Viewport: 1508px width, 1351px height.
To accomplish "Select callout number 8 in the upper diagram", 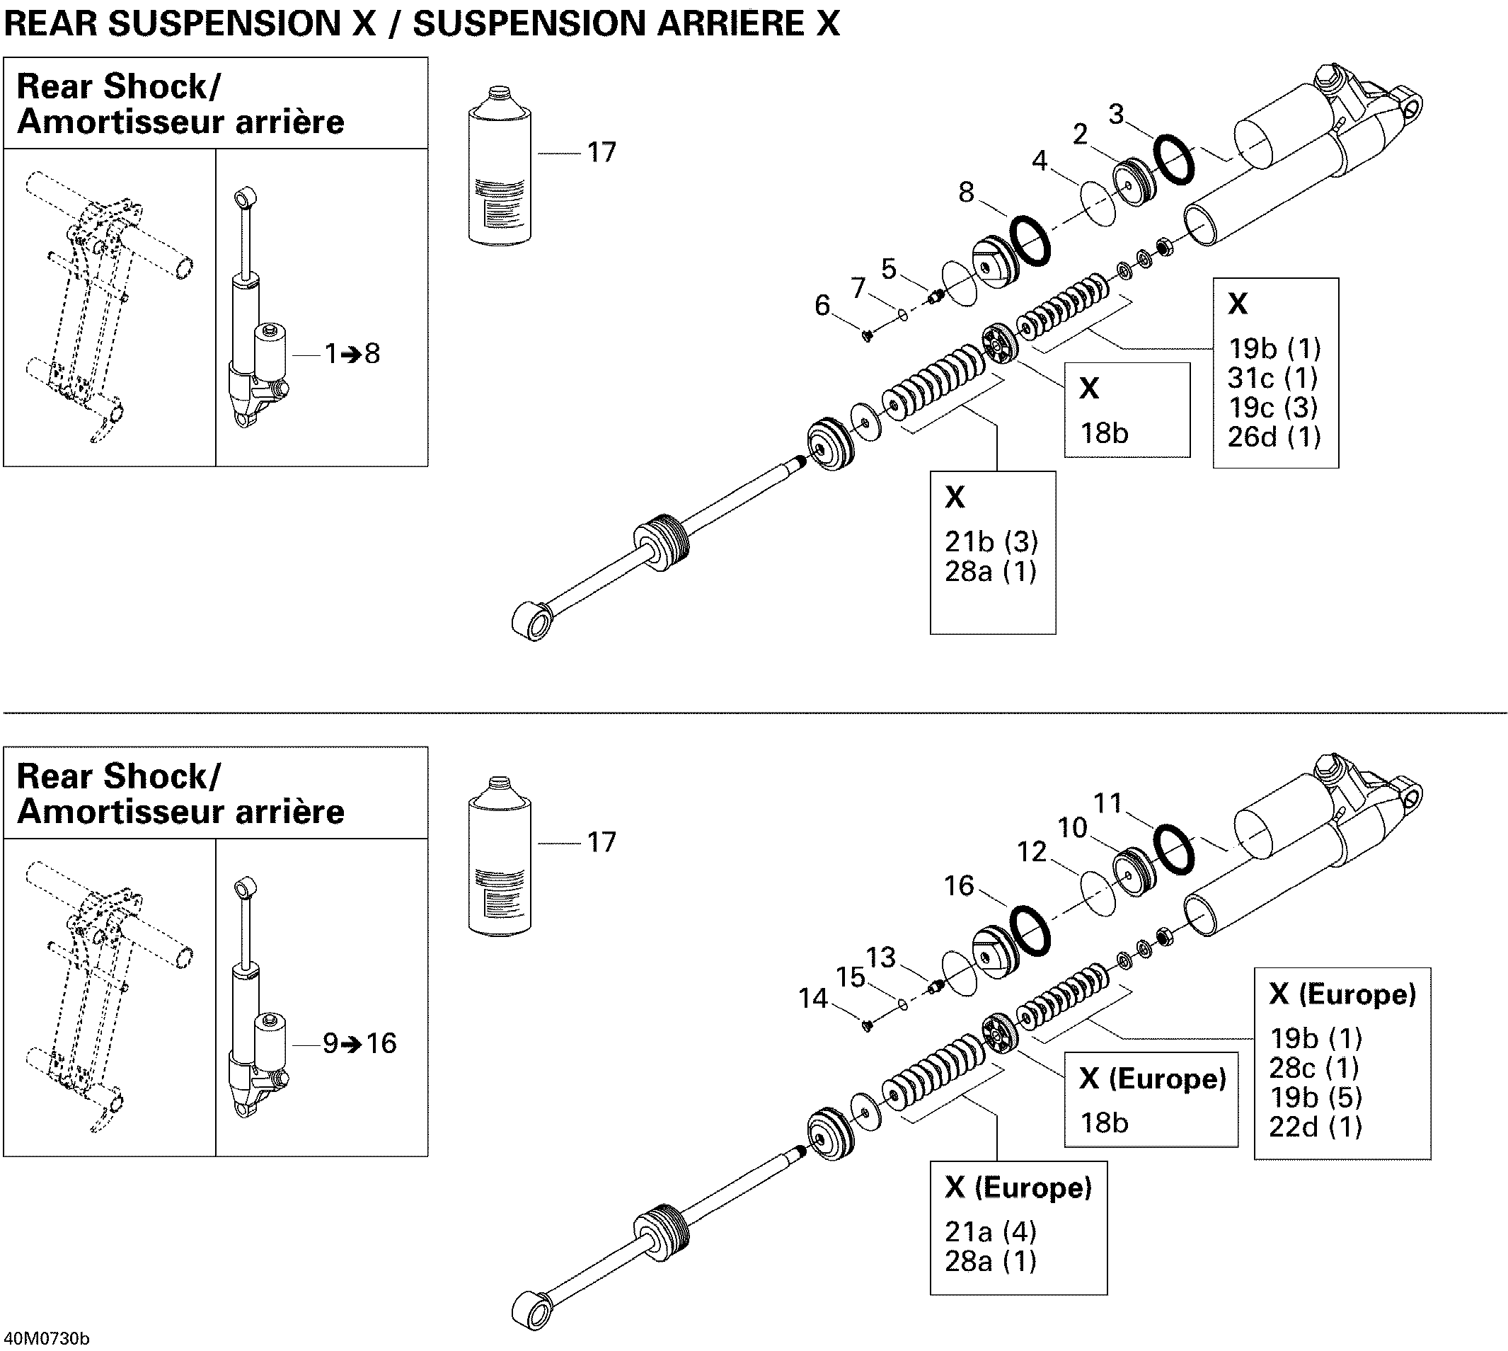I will pos(965,193).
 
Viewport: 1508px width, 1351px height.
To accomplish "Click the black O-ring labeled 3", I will pos(1173,160).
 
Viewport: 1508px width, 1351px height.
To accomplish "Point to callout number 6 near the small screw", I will pos(822,306).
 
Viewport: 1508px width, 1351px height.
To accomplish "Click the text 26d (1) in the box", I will pos(1274,437).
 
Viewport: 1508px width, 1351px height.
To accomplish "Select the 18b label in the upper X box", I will pos(1104,434).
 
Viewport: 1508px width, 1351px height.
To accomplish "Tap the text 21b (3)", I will pos(991,542).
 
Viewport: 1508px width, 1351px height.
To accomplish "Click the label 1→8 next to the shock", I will pos(352,354).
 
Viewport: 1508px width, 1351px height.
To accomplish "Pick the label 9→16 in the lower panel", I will pos(360,1044).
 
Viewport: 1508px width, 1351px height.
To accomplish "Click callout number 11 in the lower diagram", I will pos(1108,803).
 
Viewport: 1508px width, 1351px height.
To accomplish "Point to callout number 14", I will pos(812,999).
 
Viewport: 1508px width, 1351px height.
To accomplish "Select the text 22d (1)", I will pos(1315,1127).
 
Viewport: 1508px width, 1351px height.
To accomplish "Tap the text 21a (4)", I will pos(990,1232).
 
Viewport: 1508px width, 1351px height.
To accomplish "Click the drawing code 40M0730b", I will pos(45,1339).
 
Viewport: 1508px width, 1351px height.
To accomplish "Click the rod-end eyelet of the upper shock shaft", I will pos(532,621).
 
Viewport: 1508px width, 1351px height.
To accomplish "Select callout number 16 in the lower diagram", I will pos(958,885).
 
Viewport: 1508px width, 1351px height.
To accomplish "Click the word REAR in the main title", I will pos(50,24).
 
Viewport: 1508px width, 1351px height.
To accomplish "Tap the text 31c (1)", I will pos(1272,379).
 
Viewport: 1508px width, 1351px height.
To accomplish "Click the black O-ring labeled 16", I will pos(1030,931).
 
